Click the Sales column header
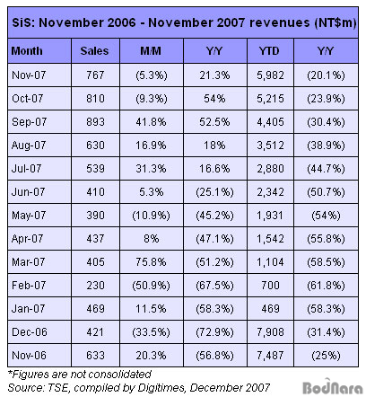pyautogui.click(x=94, y=51)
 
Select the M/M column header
pyautogui.click(x=151, y=51)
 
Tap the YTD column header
pyautogui.click(x=269, y=51)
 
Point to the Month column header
pyautogui.click(x=27, y=51)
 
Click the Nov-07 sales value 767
pyautogui.click(x=95, y=75)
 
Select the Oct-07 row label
pyautogui.click(x=28, y=98)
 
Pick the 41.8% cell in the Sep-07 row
pyautogui.click(x=151, y=122)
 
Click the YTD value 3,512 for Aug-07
pyautogui.click(x=270, y=146)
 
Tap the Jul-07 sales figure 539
pyautogui.click(x=95, y=169)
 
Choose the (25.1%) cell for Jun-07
pyautogui.click(x=214, y=192)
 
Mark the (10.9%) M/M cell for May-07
pyautogui.click(x=151, y=216)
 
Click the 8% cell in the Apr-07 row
pyautogui.click(x=151, y=239)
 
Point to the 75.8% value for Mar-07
pyautogui.click(x=151, y=262)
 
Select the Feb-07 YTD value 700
pyautogui.click(x=270, y=286)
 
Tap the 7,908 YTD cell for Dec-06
pyautogui.click(x=270, y=332)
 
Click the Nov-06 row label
pyautogui.click(x=29, y=356)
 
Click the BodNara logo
pyautogui.click(x=333, y=387)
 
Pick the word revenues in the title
pyautogui.click(x=280, y=22)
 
